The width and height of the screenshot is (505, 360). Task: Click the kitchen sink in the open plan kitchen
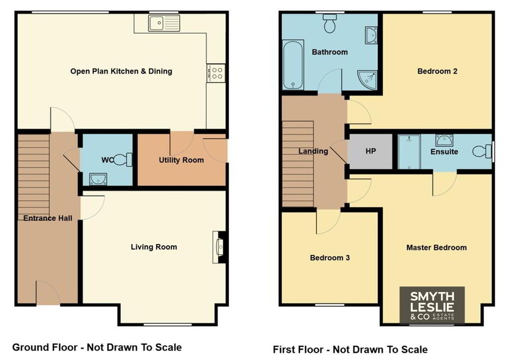pos(164,23)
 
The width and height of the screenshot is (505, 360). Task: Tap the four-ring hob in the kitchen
pos(216,73)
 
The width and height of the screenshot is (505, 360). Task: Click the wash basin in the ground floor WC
pos(98,180)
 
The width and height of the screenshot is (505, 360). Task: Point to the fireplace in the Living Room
pos(219,247)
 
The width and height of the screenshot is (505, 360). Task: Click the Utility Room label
pos(181,160)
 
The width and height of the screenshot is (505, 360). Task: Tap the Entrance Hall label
pos(48,218)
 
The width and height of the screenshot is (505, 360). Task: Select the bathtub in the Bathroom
pos(293,65)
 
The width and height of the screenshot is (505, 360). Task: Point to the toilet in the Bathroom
pos(330,23)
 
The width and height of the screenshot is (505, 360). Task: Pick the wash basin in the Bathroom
pos(371,36)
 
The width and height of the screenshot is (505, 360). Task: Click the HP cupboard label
pos(371,151)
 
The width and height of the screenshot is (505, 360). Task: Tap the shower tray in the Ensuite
pos(409,152)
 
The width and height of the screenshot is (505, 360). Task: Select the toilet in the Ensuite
pos(482,151)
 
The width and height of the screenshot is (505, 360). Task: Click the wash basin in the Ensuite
pos(444,140)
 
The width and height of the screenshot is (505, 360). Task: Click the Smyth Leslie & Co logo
pos(432,305)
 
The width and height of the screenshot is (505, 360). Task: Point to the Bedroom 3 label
pos(330,257)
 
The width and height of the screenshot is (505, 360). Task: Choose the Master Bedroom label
pos(436,248)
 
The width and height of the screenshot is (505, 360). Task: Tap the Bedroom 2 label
pos(437,71)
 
